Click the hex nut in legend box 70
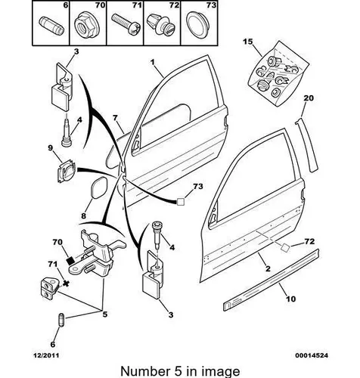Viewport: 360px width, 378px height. click(x=87, y=26)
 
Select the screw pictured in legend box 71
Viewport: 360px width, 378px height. click(x=126, y=24)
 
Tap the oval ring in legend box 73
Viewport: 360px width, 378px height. click(x=199, y=25)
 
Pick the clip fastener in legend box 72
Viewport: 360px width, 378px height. click(x=161, y=24)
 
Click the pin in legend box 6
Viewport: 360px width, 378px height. click(x=51, y=26)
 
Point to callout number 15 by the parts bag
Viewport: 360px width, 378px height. click(x=248, y=42)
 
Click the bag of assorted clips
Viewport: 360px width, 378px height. click(x=278, y=74)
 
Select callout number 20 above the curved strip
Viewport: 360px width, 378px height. click(x=309, y=98)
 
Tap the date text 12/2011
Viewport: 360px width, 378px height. click(x=46, y=355)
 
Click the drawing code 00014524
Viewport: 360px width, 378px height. click(x=312, y=355)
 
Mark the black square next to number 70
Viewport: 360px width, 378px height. click(x=71, y=260)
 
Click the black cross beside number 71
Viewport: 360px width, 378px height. click(x=66, y=283)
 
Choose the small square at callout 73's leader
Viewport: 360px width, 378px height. click(x=181, y=202)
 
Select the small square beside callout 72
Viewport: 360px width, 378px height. click(x=285, y=248)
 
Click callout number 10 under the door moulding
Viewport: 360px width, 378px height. click(x=290, y=299)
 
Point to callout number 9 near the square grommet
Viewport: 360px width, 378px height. click(x=51, y=147)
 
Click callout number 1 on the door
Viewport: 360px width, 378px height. click(x=153, y=62)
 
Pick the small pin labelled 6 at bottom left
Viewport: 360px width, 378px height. click(x=61, y=320)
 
